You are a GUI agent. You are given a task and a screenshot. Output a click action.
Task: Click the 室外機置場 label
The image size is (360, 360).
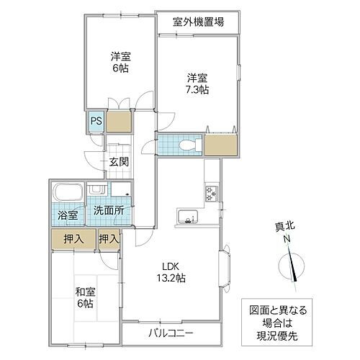click(x=197, y=22)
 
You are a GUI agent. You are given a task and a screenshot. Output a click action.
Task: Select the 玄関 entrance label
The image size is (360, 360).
click(x=119, y=161)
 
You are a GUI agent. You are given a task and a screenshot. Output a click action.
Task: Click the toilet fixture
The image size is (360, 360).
click(x=186, y=145)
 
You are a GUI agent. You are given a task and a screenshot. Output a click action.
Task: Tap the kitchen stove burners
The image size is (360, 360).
click(x=212, y=193)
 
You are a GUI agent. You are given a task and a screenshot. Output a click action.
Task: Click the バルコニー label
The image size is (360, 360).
click(x=171, y=333)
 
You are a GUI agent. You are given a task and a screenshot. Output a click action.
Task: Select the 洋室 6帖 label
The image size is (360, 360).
click(x=120, y=62)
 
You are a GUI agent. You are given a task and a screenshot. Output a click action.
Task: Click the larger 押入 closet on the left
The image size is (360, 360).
click(x=73, y=239)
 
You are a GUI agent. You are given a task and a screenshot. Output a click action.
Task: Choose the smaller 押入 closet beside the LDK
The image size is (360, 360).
click(x=109, y=239)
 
